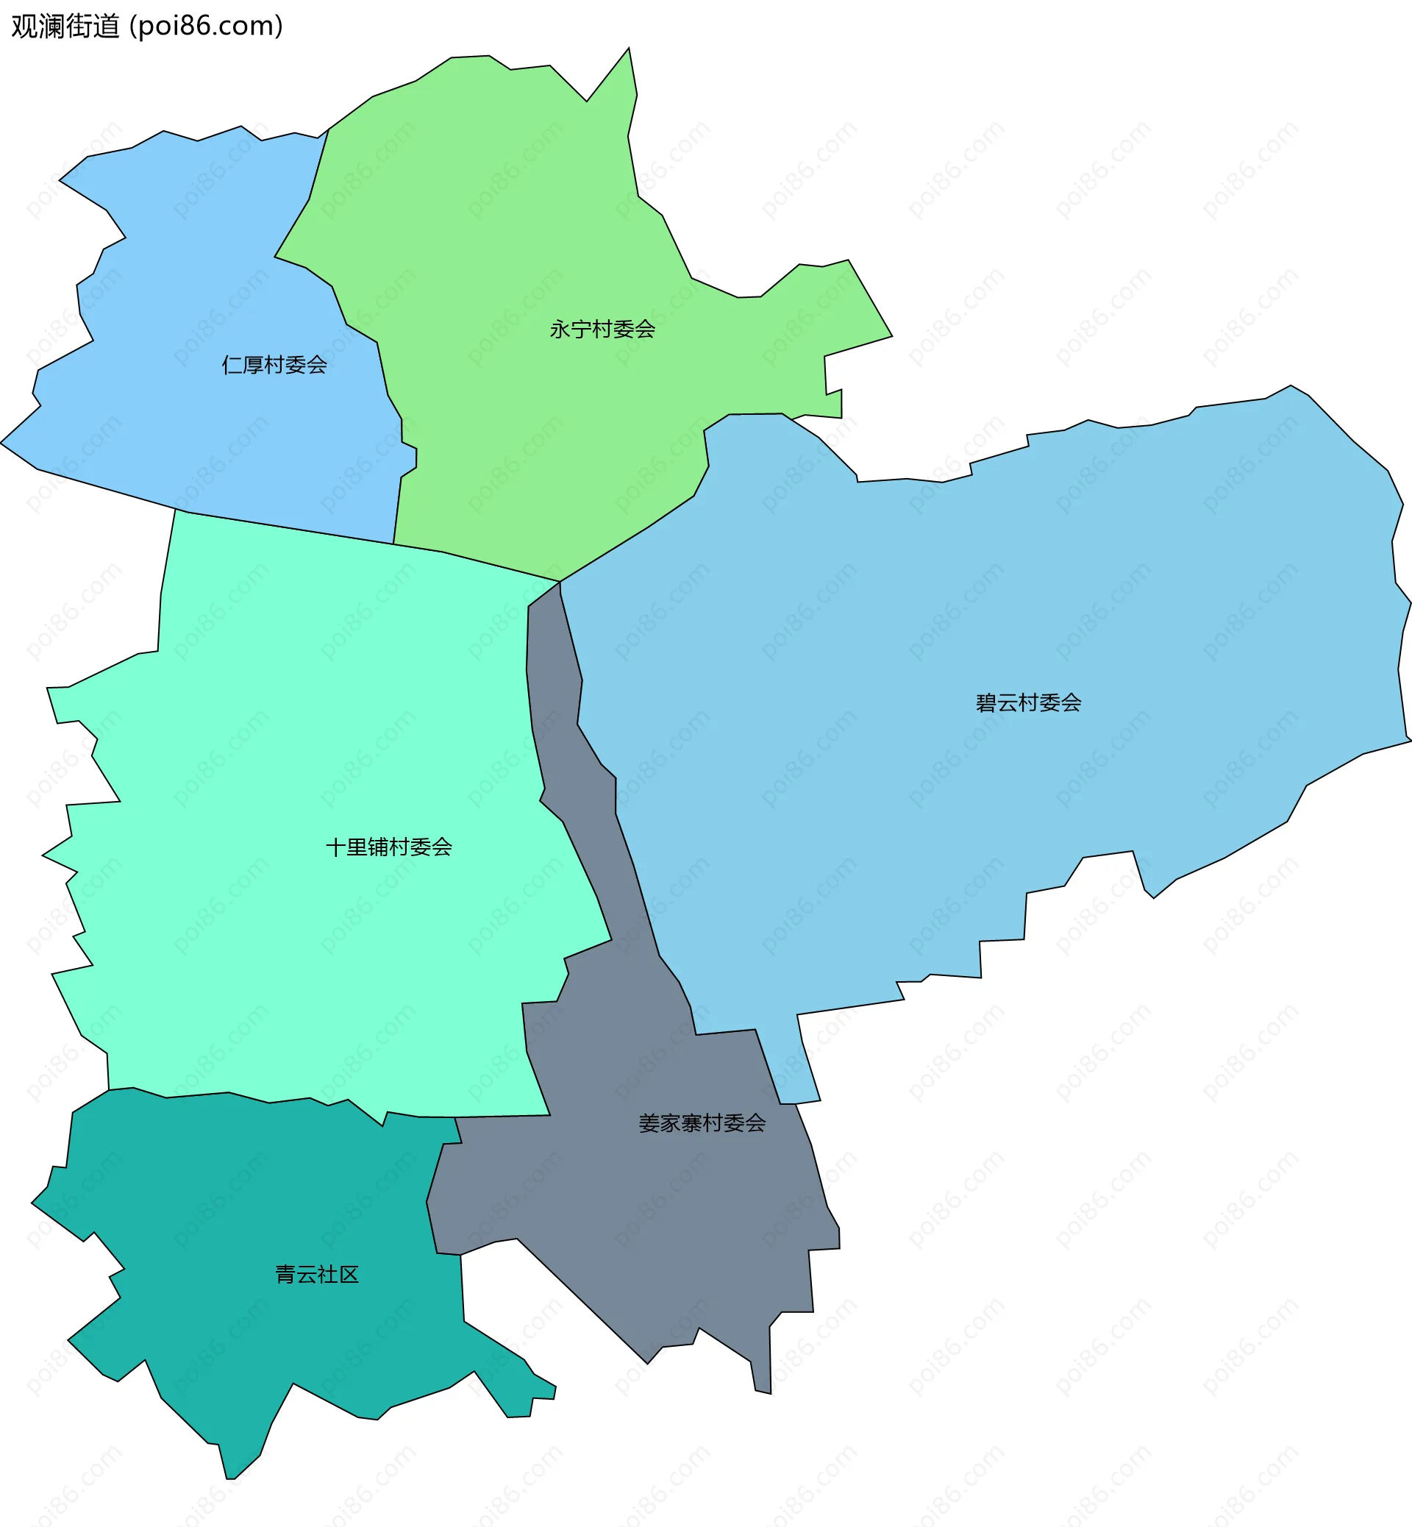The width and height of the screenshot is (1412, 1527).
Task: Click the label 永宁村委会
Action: click(x=602, y=330)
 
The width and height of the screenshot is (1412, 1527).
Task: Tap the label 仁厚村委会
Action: click(x=274, y=366)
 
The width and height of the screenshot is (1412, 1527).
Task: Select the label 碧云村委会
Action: click(x=1028, y=703)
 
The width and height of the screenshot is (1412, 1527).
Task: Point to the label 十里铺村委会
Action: click(x=389, y=847)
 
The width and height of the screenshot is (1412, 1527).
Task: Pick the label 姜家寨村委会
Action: click(x=702, y=1123)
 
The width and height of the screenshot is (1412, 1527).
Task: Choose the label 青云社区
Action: click(x=317, y=1275)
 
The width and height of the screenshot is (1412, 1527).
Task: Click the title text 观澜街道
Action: click(x=65, y=26)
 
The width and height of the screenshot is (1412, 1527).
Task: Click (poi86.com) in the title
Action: click(x=207, y=26)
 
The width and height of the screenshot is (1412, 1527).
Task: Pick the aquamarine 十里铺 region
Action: click(x=306, y=726)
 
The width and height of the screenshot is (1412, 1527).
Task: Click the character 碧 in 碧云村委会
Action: click(x=986, y=703)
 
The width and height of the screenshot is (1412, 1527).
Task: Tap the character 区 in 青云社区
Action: click(x=349, y=1275)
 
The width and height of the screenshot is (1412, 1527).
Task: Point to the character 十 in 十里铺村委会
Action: click(x=336, y=847)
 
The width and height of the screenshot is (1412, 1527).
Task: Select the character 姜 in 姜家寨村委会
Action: click(x=649, y=1123)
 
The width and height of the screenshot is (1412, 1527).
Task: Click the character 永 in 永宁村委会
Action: click(x=560, y=330)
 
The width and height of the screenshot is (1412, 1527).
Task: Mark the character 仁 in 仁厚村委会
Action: click(x=232, y=366)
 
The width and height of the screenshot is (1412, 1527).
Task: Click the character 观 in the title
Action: click(x=24, y=26)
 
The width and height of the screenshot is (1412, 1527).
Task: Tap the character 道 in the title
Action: click(x=107, y=26)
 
